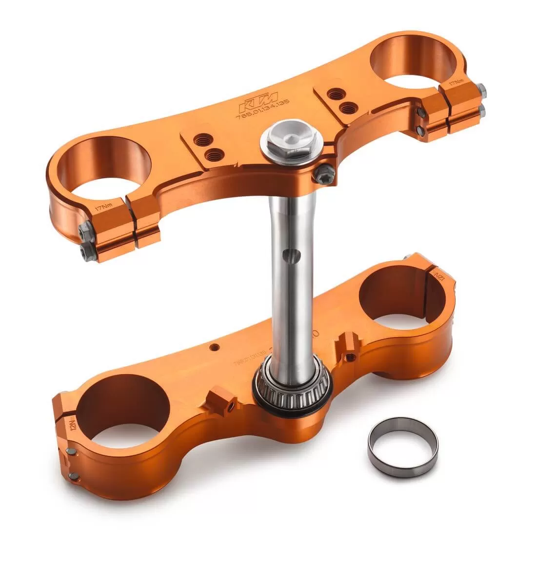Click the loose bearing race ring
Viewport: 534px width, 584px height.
(x=403, y=447)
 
